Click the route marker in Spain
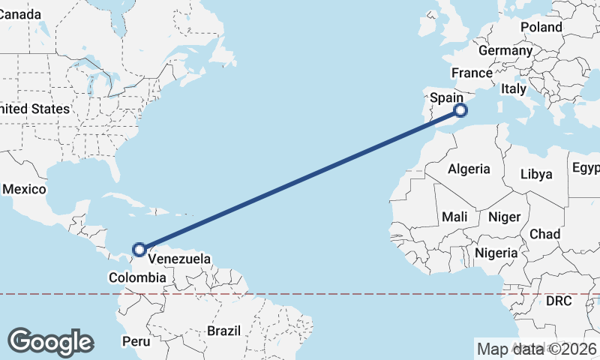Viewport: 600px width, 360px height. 460,111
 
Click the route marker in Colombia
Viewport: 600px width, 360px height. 139,249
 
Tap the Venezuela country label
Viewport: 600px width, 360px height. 178,259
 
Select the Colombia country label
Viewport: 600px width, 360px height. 137,277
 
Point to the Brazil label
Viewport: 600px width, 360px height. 223,331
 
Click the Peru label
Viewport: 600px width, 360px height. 136,341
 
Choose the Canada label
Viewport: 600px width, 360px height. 18,14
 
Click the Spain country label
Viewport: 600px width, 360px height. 445,97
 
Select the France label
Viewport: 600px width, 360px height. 471,73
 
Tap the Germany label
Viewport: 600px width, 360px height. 505,51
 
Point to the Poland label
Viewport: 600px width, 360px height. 541,27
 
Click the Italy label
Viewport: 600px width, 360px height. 514,88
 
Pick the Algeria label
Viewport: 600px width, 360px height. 469,169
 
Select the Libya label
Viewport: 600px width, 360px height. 536,174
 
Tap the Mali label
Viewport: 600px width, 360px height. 454,217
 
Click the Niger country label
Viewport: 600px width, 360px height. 504,217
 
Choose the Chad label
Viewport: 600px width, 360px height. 544,234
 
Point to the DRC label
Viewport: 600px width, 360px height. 559,301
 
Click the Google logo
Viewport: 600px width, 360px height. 50,342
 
